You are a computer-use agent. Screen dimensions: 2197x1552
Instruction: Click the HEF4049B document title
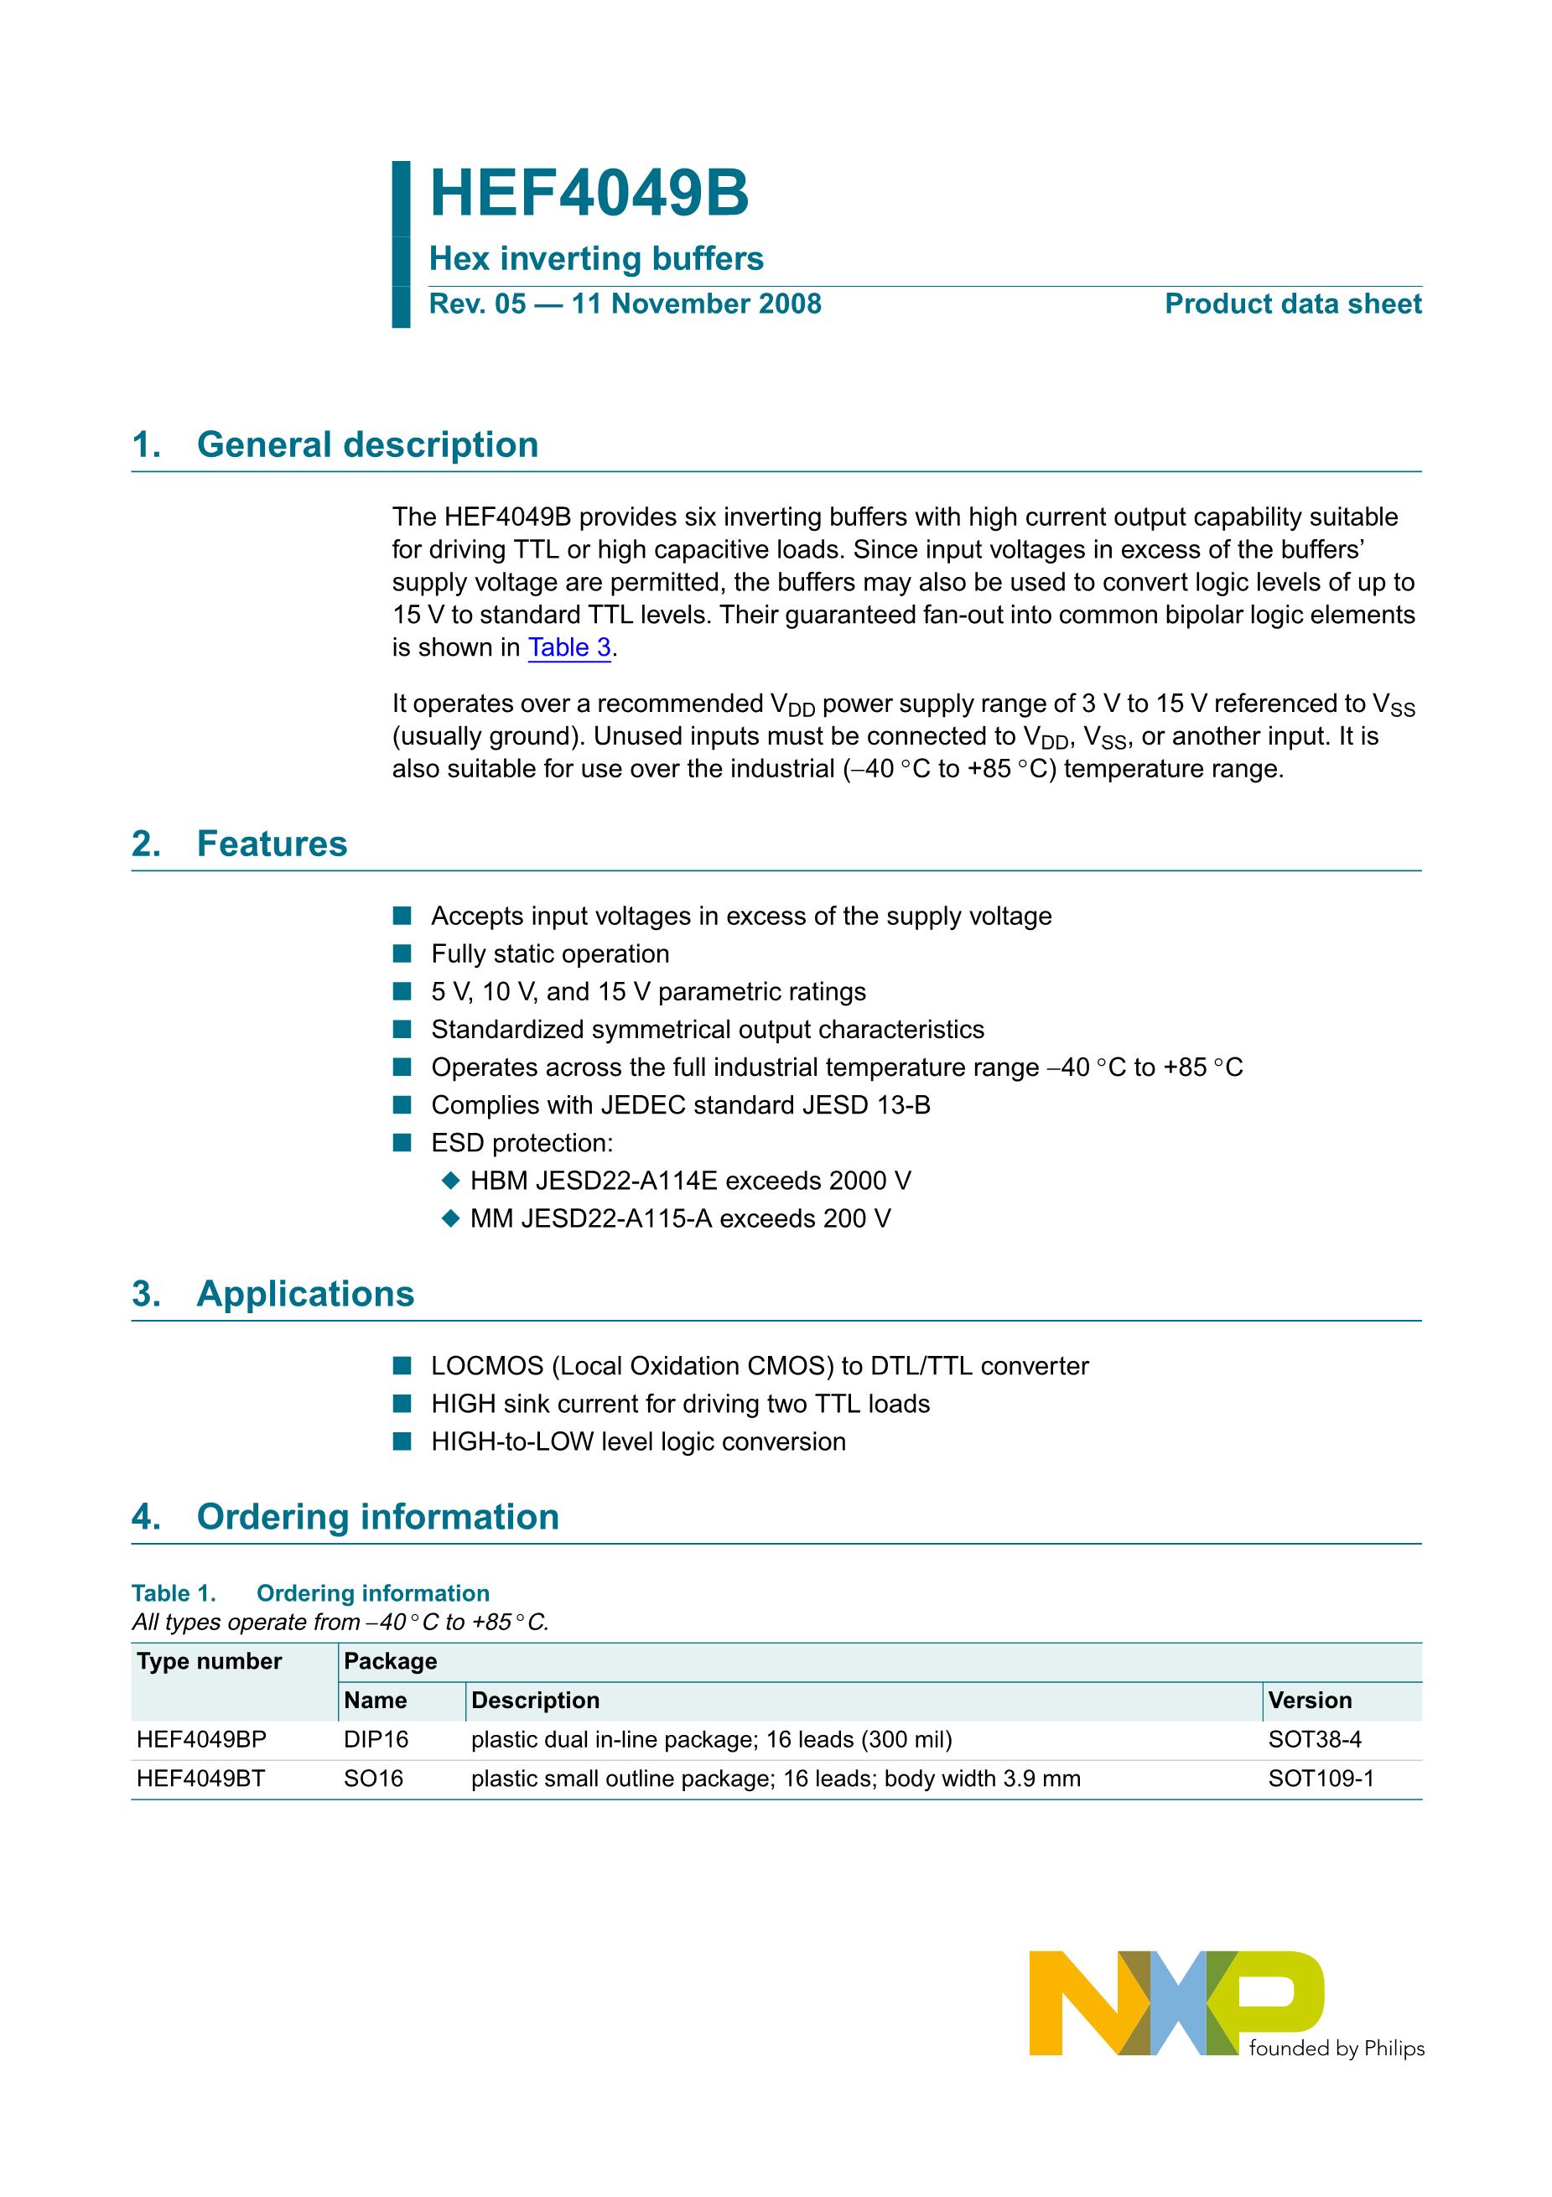589,195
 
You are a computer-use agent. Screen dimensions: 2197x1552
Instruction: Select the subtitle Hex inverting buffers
596,258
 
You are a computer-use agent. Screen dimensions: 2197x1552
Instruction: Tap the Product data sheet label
1293,304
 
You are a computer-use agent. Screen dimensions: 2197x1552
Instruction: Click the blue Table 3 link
569,648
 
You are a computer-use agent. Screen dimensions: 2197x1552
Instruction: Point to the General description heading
367,445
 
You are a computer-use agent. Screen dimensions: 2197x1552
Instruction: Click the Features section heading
272,844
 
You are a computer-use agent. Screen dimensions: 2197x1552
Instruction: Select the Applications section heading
305,1294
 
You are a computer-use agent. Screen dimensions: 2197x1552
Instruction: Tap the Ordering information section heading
377,1517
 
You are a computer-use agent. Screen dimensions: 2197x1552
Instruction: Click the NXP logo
1176,2002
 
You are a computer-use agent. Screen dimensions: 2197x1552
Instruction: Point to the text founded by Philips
1337,2048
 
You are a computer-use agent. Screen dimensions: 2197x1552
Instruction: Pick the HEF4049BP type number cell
202,1740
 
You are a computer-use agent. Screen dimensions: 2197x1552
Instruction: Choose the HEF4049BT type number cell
201,1779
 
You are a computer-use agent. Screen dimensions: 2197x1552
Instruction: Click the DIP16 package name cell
376,1740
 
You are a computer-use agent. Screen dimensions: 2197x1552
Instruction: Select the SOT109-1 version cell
1321,1779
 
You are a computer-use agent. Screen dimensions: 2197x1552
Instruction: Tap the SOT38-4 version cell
1315,1740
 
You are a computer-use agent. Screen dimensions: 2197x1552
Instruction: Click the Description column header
535,1701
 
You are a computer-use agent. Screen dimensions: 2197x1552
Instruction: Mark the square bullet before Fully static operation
402,954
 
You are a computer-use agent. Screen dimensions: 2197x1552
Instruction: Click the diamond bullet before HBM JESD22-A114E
450,1182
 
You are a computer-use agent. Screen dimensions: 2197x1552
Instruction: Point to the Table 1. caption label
174,1593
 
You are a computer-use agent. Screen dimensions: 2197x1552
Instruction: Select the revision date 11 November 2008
697,304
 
